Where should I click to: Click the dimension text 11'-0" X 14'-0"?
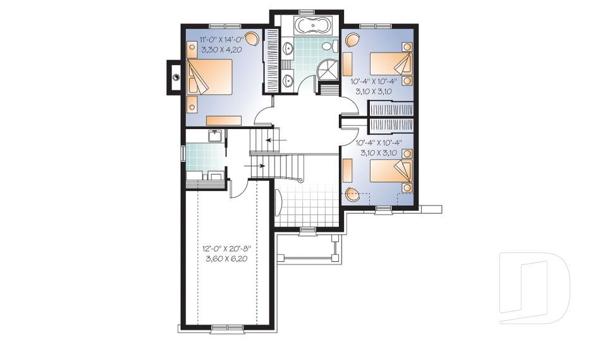[x=216, y=38]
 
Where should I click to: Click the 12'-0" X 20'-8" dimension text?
[x=228, y=249]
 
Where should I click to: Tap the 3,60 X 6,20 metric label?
[x=228, y=259]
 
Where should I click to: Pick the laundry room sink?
[x=215, y=135]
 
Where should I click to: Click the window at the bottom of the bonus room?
[x=226, y=327]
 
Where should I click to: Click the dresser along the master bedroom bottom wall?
[x=223, y=120]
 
